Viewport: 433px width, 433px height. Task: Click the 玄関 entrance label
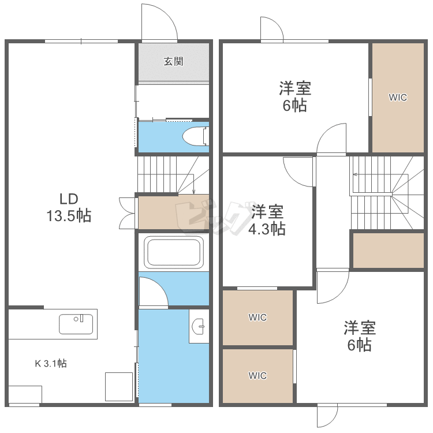pos(173,61)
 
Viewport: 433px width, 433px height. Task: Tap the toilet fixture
pos(196,136)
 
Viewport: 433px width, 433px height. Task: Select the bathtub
pos(174,252)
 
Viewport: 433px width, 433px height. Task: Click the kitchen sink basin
pos(76,324)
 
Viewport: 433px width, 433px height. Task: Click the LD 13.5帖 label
pos(69,207)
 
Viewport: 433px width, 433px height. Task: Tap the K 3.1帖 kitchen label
pos(51,363)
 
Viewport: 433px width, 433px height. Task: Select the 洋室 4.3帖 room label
pos(267,220)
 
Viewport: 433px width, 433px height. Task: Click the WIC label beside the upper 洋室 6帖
pos(398,97)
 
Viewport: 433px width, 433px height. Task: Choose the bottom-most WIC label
pos(257,376)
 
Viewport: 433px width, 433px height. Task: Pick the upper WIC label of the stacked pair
pos(257,318)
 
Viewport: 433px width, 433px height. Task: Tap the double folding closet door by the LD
pos(128,213)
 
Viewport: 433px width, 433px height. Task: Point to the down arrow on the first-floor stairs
pos(193,184)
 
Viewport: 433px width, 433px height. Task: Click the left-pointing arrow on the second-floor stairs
pos(381,174)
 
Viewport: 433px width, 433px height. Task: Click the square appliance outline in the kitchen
pos(119,387)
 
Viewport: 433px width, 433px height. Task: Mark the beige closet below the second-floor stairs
pos(389,251)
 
